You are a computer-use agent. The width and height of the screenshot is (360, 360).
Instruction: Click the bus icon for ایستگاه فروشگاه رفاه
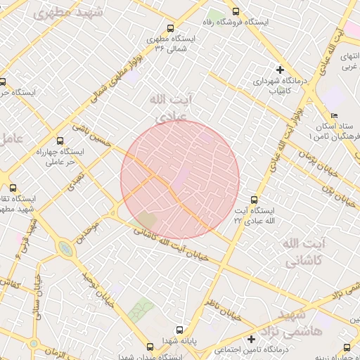pos(235,11)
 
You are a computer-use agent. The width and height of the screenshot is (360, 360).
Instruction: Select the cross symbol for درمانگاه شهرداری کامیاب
pos(280,70)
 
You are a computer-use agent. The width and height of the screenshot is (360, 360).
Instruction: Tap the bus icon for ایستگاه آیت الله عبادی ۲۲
pos(255,200)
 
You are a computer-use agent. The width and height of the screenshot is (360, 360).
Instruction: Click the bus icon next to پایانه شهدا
pos(179,329)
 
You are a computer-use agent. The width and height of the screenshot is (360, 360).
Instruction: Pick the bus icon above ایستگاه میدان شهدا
pos(150,347)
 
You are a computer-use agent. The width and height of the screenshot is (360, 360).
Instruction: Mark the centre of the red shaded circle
pos(180,180)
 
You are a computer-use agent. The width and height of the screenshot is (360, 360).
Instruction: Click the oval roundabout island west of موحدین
pos(65,248)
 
